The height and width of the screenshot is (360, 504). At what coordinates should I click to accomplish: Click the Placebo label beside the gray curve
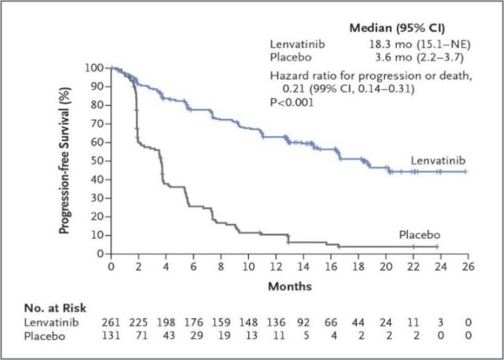pyautogui.click(x=419, y=235)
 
